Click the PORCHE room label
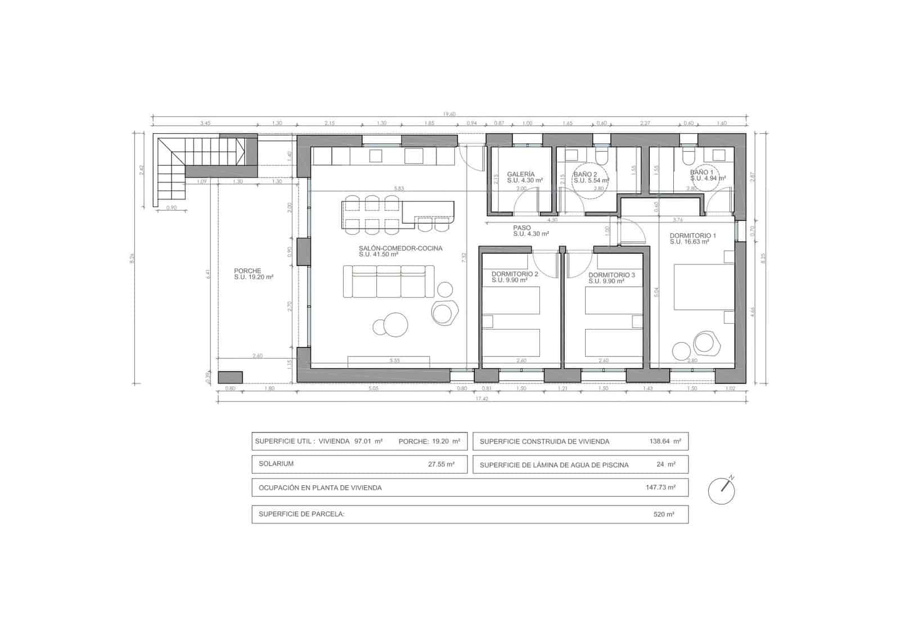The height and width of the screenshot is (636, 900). pyautogui.click(x=247, y=271)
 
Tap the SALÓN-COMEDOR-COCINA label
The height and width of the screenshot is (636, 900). pyautogui.click(x=400, y=248)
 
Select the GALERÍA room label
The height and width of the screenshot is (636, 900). pyautogui.click(x=520, y=174)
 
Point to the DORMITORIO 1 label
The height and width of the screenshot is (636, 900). pyautogui.click(x=692, y=236)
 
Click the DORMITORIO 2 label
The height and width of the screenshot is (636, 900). pyautogui.click(x=515, y=274)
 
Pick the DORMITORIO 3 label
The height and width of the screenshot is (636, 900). pyautogui.click(x=611, y=275)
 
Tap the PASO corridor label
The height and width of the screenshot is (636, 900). pyautogui.click(x=521, y=228)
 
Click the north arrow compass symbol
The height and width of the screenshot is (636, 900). pyautogui.click(x=722, y=490)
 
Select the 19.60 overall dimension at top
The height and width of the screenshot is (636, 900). pyautogui.click(x=449, y=114)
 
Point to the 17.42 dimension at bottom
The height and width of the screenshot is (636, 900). pyautogui.click(x=481, y=398)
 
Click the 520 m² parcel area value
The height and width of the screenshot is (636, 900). pyautogui.click(x=663, y=514)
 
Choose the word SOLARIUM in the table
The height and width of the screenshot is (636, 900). pyautogui.click(x=276, y=464)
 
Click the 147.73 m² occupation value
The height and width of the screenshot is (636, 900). pyautogui.click(x=660, y=488)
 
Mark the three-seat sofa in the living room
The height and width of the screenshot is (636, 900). pyautogui.click(x=388, y=282)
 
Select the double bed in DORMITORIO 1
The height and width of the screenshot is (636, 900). pyautogui.click(x=703, y=287)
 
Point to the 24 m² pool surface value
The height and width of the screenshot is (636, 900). pyautogui.click(x=665, y=464)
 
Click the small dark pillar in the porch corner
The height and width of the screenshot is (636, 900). pyautogui.click(x=230, y=377)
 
